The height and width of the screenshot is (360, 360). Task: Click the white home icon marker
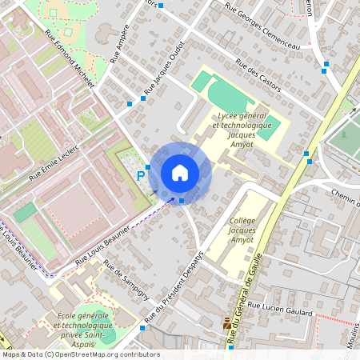(180, 172)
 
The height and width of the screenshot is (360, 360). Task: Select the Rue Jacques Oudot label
(165, 68)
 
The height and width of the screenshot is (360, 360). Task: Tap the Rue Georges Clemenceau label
(262, 27)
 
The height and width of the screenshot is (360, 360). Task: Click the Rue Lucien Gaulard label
(278, 307)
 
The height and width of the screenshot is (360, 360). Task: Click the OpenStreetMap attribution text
(80, 354)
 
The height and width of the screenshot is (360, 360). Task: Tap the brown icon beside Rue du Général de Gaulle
(226, 324)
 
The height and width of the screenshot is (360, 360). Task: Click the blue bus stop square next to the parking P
(148, 166)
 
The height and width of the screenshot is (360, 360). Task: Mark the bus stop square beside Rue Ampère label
(130, 103)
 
